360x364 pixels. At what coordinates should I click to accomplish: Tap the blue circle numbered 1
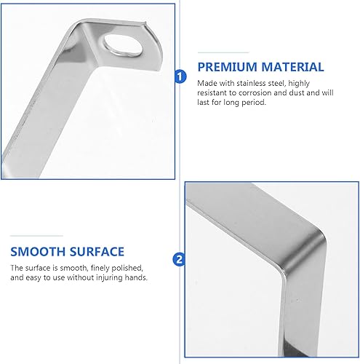180,75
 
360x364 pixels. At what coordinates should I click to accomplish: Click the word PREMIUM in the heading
227,67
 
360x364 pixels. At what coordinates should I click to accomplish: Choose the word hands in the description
137,278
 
